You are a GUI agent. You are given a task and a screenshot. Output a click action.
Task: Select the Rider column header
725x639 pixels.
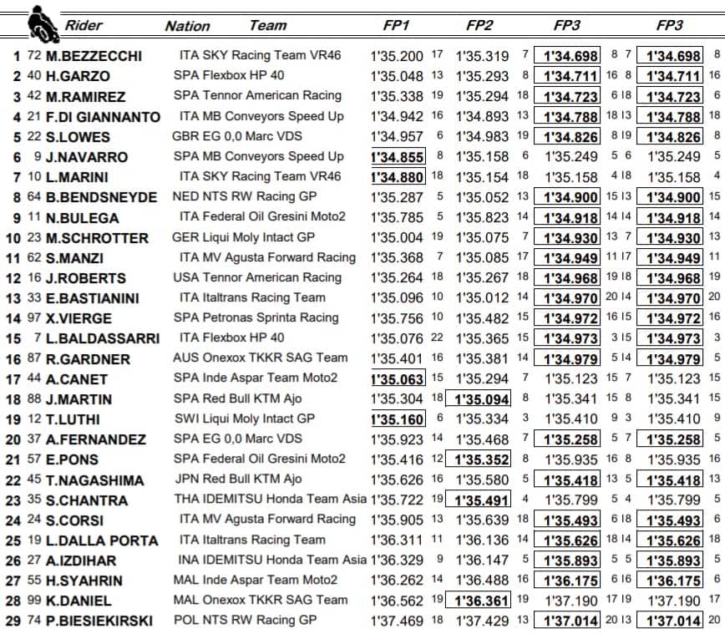pos(84,24)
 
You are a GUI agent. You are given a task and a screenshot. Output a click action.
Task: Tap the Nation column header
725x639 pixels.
pos(187,26)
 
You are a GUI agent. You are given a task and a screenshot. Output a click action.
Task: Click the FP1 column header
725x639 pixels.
pos(395,25)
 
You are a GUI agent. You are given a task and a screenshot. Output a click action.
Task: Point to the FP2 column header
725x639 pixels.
pos(482,25)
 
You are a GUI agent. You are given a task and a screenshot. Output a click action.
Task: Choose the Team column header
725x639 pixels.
pos(268,25)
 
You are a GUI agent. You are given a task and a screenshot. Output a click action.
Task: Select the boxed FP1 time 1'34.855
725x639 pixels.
pos(398,156)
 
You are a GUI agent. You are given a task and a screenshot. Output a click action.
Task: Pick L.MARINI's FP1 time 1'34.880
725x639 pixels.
pos(398,176)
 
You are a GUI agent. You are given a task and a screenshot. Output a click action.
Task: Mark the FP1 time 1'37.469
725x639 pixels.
pos(398,621)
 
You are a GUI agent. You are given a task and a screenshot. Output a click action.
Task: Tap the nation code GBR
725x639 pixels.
pos(185,135)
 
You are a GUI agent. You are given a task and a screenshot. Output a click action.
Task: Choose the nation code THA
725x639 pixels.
pos(186,500)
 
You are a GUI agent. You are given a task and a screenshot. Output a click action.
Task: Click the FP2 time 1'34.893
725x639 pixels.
pos(482,116)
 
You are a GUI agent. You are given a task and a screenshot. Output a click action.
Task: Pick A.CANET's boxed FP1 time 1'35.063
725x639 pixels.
pos(398,378)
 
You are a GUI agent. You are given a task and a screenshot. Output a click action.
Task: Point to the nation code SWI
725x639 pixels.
pos(185,418)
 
